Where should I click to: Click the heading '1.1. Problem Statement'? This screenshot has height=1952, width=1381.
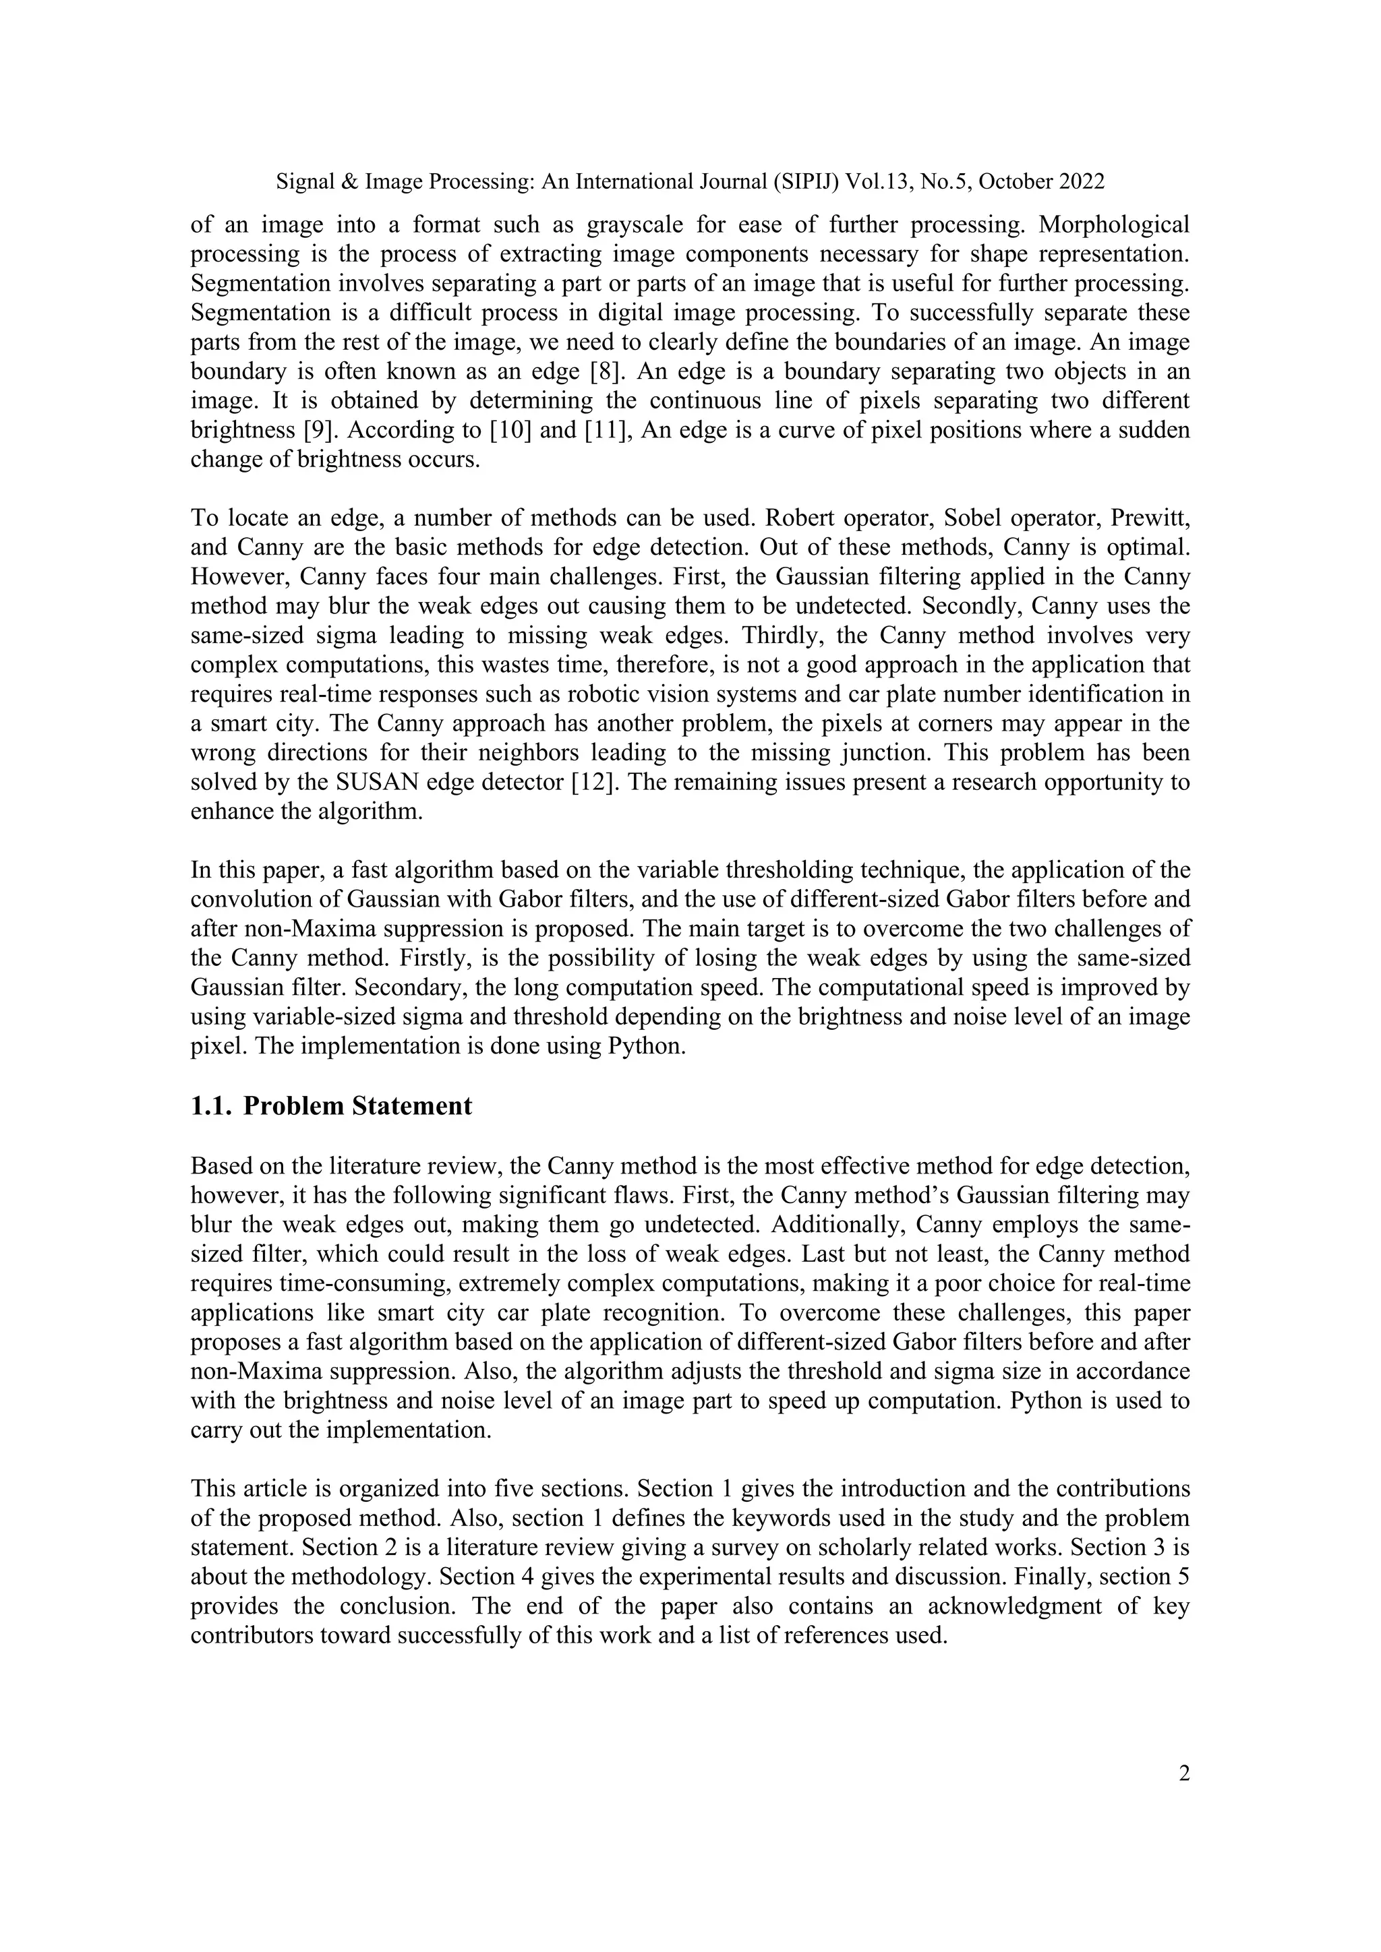pyautogui.click(x=331, y=1106)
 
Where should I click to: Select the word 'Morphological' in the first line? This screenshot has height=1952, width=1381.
pyautogui.click(x=1114, y=224)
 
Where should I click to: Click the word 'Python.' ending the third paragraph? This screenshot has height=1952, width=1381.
pyautogui.click(x=647, y=1045)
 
